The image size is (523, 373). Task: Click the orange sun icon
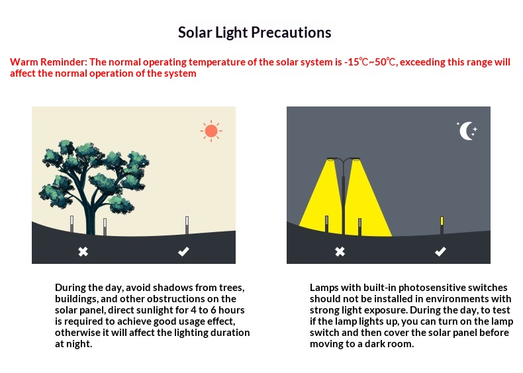pos(211,131)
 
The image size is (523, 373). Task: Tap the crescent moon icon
pos(465,131)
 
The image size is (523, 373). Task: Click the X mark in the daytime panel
pos(83,252)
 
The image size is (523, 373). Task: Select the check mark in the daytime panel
pos(183,251)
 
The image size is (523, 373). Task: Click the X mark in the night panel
pos(340,252)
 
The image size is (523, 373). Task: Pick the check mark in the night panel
pos(440,251)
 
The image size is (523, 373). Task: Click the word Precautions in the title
pos(291,32)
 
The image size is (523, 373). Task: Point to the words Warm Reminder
pos(48,62)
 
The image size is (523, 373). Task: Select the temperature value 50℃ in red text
pos(385,62)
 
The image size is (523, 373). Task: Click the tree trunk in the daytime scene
pos(90,217)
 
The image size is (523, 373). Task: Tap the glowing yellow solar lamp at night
pos(442,225)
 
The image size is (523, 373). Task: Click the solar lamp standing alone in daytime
pos(187,225)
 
